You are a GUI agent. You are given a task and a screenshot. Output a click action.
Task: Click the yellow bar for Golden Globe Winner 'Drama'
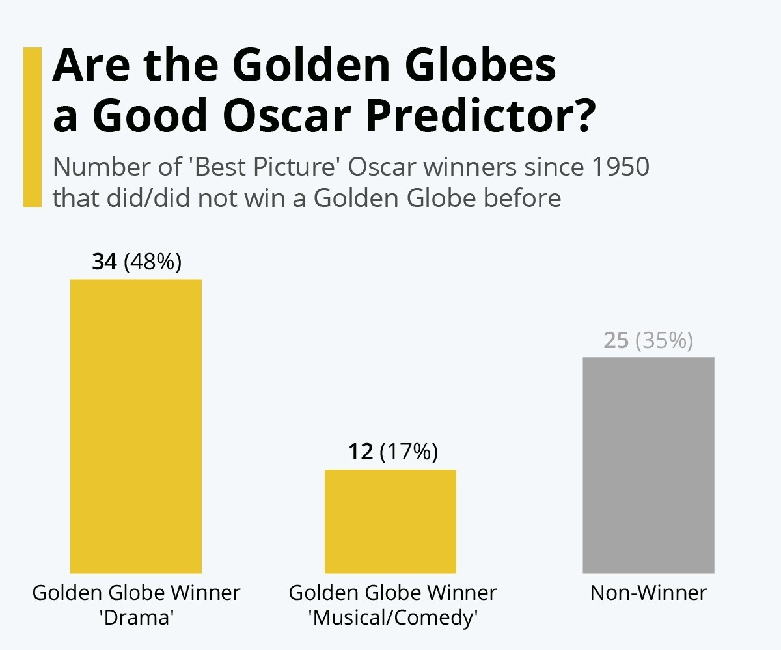(135, 426)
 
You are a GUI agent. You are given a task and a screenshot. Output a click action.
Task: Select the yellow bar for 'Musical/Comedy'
(390, 521)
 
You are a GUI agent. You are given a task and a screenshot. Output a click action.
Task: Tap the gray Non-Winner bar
(648, 465)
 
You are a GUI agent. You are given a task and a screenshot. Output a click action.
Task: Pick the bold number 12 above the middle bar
(360, 452)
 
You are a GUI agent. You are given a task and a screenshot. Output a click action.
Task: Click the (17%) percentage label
(408, 452)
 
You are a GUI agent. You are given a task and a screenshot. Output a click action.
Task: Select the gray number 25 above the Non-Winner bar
(616, 340)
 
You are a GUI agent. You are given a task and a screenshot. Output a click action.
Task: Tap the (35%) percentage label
(664, 340)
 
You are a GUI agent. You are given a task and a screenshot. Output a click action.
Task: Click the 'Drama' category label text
(137, 617)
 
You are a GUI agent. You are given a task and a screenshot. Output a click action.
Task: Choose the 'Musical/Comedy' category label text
(392, 617)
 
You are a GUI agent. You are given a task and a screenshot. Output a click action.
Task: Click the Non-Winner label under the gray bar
(648, 593)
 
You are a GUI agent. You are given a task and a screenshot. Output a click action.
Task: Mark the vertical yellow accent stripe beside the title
(33, 127)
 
